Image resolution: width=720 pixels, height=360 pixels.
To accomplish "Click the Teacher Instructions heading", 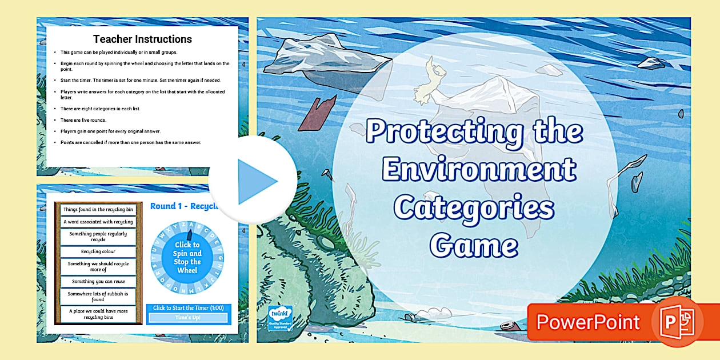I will pyautogui.click(x=142, y=39).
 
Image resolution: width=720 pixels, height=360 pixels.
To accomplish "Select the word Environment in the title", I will pyautogui.click(x=479, y=170).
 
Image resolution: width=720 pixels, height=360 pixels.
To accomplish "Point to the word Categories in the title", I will pyautogui.click(x=474, y=207).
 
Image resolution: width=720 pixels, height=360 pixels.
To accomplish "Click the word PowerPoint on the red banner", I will pyautogui.click(x=588, y=322).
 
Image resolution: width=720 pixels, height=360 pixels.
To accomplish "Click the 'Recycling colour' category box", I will pyautogui.click(x=99, y=251).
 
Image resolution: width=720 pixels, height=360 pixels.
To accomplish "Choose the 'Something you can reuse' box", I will pyautogui.click(x=99, y=281).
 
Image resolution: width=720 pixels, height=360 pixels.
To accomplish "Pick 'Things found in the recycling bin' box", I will pyautogui.click(x=99, y=210).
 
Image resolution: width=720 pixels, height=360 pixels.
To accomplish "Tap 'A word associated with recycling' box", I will pyautogui.click(x=99, y=222).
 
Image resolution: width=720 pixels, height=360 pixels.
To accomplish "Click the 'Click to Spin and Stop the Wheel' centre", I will pyautogui.click(x=187, y=257).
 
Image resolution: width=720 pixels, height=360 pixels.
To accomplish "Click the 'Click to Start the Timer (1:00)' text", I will pyautogui.click(x=188, y=308).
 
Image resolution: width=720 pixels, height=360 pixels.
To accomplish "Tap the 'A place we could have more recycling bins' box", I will pyautogui.click(x=99, y=314).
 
